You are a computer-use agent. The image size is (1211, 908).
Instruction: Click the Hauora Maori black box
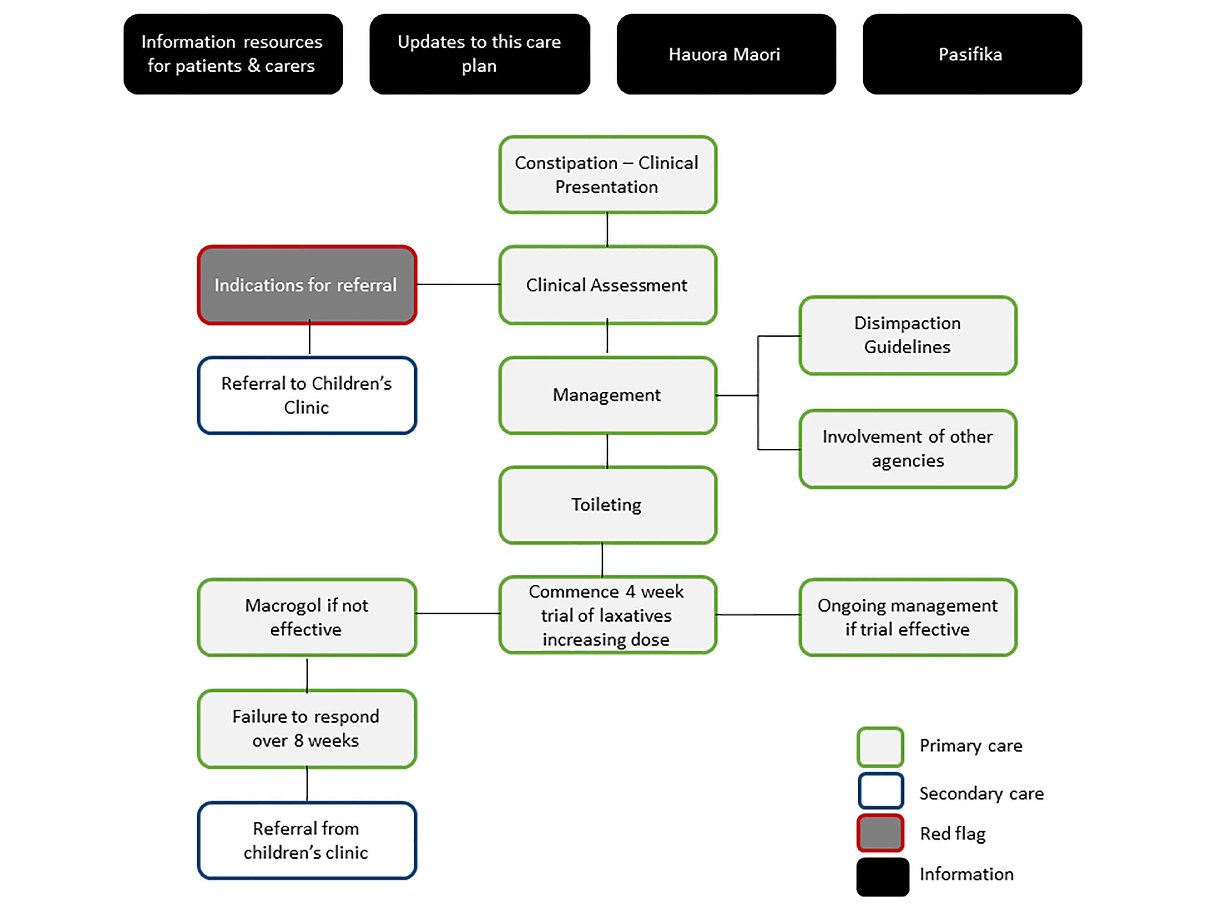click(x=726, y=54)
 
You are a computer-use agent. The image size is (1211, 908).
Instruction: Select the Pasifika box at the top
click(x=972, y=54)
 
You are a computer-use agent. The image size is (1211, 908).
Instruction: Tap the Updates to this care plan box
click(x=480, y=54)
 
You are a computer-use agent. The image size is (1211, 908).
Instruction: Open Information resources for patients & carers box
click(x=233, y=54)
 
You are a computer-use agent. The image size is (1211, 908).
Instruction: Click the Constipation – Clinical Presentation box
click(x=607, y=175)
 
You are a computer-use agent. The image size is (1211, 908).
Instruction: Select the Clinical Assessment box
click(x=607, y=285)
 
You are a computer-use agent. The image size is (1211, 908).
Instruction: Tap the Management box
click(x=607, y=395)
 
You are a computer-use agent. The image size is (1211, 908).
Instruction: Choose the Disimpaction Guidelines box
click(x=908, y=335)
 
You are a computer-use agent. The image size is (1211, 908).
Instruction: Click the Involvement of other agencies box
click(x=908, y=449)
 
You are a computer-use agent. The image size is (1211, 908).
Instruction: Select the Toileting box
click(x=607, y=504)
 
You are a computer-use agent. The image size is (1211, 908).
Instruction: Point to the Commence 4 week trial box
click(x=607, y=615)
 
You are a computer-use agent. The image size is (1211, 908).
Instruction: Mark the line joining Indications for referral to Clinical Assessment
click(x=458, y=285)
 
